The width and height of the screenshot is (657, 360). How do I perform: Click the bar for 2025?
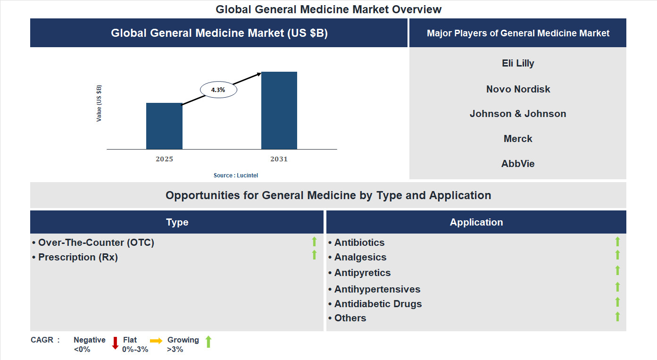point(164,126)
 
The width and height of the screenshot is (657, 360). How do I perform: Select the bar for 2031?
point(279,110)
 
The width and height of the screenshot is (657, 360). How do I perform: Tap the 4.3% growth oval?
point(218,90)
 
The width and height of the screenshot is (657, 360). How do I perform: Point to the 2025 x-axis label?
point(164,159)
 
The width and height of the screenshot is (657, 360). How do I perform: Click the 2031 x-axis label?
point(279,159)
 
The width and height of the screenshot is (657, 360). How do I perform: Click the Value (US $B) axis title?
point(99,103)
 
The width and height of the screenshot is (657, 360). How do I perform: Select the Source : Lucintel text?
point(236,176)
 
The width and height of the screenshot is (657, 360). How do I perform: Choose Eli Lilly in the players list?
point(518,63)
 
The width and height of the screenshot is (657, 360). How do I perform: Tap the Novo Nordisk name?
point(518,89)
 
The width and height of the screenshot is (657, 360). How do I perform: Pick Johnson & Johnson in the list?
point(518,114)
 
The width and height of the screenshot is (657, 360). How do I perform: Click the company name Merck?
point(518,139)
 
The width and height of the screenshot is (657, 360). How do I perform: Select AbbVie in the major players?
point(518,164)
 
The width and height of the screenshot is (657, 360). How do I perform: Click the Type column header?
point(177,222)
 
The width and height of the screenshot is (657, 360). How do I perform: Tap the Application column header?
point(476,222)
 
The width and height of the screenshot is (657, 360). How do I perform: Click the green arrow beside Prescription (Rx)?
point(314,255)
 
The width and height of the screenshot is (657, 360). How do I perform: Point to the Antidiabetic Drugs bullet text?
point(378,304)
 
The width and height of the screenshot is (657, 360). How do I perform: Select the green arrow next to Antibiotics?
point(617,242)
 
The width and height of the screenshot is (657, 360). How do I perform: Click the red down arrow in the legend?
point(115,343)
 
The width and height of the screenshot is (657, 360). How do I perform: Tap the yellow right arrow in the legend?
point(156,341)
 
